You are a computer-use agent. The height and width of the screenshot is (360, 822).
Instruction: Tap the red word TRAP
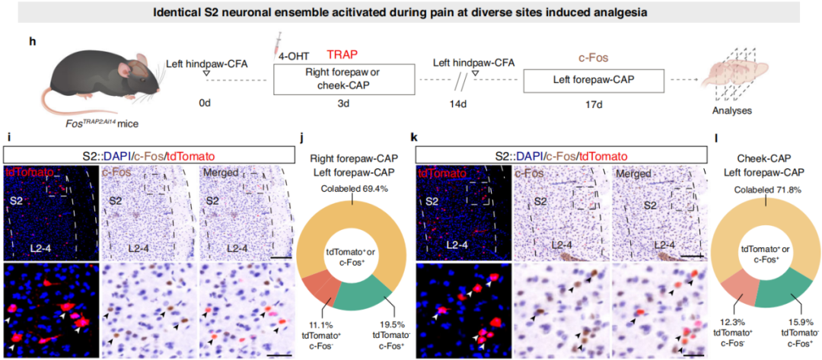(x=342, y=54)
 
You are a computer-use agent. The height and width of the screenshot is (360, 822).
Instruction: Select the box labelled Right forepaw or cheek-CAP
(x=344, y=80)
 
